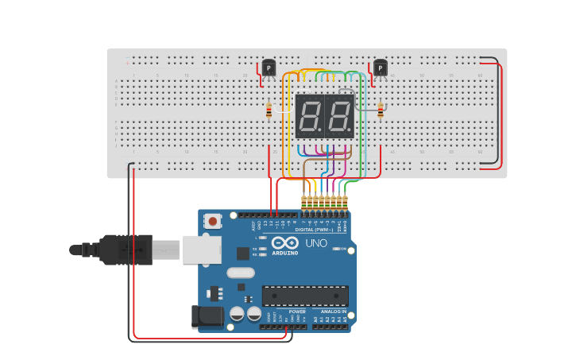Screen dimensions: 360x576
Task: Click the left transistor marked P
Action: pyautogui.click(x=269, y=69)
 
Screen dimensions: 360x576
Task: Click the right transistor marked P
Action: pyautogui.click(x=380, y=69)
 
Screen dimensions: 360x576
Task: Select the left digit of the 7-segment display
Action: pyautogui.click(x=309, y=117)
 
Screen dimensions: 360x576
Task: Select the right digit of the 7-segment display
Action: pyautogui.click(x=338, y=117)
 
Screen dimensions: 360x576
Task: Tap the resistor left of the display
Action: pyautogui.click(x=269, y=110)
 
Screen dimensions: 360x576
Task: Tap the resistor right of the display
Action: pyautogui.click(x=381, y=110)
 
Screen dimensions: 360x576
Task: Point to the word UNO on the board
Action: pyautogui.click(x=316, y=243)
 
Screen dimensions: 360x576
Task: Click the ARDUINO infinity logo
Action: pyautogui.click(x=284, y=243)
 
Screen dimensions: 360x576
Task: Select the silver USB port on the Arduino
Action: pyautogui.click(x=201, y=250)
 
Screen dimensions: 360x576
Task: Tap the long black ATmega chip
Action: pyautogui.click(x=305, y=296)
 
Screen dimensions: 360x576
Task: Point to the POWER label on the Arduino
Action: pyautogui.click(x=297, y=312)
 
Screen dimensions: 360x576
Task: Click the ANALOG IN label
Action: pyautogui.click(x=334, y=312)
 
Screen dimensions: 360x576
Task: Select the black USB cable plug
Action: pyautogui.click(x=123, y=250)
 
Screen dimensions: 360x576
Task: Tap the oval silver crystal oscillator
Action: pyautogui.click(x=241, y=273)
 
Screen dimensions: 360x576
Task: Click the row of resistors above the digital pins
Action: pyautogui.click(x=324, y=203)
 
